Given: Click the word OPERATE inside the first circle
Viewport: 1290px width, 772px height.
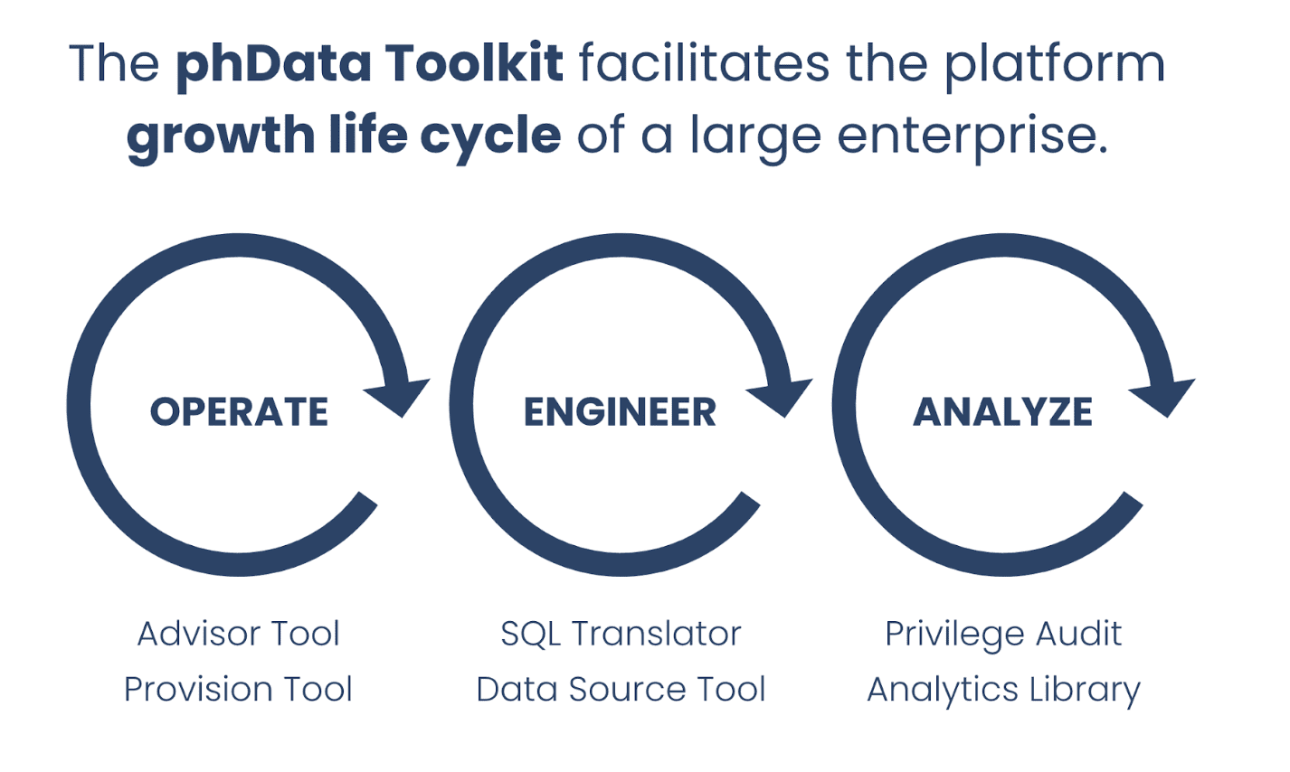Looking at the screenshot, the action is pos(239,411).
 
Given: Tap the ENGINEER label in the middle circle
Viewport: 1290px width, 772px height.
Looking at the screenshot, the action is pos(621,411).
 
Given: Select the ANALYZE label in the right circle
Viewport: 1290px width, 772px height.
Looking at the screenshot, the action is pos(1002,411).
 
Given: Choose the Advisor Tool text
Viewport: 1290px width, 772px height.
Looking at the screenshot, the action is pos(239,634).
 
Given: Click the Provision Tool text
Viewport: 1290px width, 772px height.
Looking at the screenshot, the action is pos(239,689).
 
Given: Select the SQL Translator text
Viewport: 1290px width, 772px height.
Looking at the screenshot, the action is pos(621,635).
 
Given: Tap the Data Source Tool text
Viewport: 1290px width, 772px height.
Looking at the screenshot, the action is pos(621,689).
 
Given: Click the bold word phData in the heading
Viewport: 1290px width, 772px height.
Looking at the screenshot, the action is pos(273,65).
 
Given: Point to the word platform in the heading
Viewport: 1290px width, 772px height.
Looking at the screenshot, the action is pos(1055,65).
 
